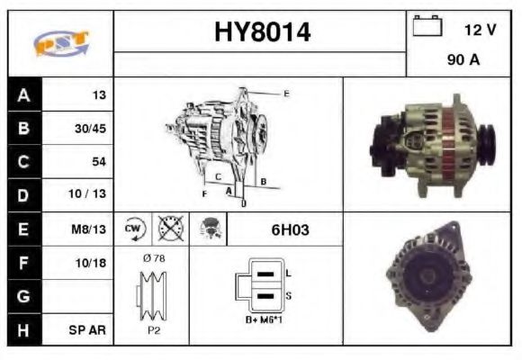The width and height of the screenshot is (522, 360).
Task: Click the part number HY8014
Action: point(261,33)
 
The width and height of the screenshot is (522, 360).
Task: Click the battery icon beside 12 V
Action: point(425,28)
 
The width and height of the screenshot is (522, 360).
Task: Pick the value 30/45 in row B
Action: point(90,128)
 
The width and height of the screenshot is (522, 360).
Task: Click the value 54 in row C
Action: point(98,161)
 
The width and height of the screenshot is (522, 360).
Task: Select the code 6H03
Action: point(290,229)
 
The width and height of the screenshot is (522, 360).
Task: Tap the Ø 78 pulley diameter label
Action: point(154,259)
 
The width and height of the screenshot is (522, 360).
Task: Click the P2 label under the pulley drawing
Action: point(154,329)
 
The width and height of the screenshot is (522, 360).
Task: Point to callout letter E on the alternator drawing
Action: point(286,94)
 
